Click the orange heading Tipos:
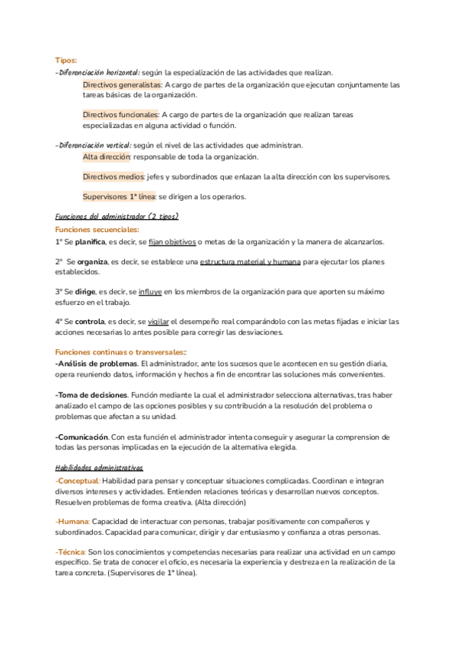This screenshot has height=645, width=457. [x=66, y=60]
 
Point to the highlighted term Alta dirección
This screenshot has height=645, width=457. [x=107, y=157]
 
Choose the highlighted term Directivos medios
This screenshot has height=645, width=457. [x=113, y=176]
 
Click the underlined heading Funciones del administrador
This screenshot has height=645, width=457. [x=101, y=217]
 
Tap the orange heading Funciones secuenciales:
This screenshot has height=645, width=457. [x=97, y=229]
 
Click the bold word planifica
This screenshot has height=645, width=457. [x=91, y=242]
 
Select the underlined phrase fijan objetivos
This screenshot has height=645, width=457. [x=172, y=242]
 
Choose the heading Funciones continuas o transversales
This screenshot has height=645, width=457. [x=120, y=352]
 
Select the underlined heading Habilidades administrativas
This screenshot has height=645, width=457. [x=99, y=468]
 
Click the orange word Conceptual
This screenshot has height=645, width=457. [x=78, y=481]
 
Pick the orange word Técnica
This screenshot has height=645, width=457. [x=71, y=551]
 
